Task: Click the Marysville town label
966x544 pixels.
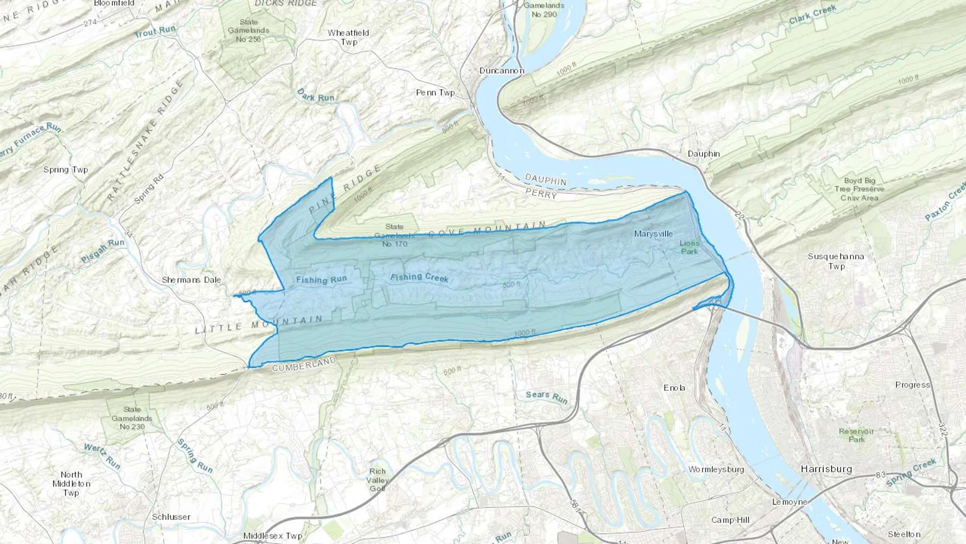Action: tap(653, 234)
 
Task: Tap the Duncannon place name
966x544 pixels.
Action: tap(501, 70)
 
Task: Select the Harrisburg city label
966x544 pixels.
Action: tap(826, 469)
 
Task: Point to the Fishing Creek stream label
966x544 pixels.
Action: tap(419, 277)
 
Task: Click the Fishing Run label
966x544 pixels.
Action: tap(321, 279)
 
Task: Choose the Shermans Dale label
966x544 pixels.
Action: tap(191, 280)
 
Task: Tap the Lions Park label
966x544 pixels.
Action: tap(689, 247)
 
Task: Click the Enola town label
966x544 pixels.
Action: tap(674, 388)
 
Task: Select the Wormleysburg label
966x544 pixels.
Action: tap(716, 469)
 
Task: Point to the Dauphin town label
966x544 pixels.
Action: tap(704, 154)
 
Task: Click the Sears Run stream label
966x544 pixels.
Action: tap(546, 397)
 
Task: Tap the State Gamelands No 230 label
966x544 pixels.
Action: tap(132, 418)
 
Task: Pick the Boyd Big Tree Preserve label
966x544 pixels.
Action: tap(859, 189)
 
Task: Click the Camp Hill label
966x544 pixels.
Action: tap(730, 520)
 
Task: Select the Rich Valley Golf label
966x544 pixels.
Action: tap(378, 480)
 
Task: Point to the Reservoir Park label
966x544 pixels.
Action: tap(857, 435)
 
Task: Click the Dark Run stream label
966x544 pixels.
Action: tap(316, 96)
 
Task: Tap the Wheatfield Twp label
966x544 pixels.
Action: tap(348, 37)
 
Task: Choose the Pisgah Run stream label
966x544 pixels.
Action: tap(103, 251)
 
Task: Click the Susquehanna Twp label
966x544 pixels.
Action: tap(836, 261)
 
